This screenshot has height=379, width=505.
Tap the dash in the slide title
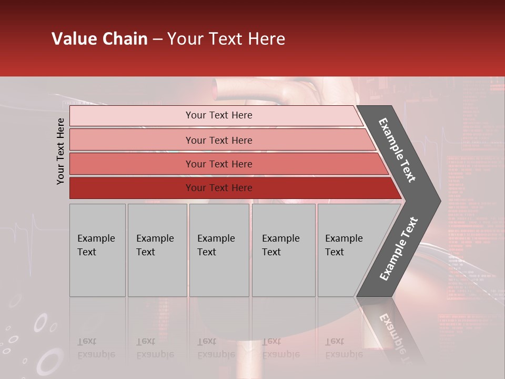[157, 39]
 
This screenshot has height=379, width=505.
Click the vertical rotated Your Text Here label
[60, 151]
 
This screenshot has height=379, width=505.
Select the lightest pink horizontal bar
[218, 115]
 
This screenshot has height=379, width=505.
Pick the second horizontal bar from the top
[218, 140]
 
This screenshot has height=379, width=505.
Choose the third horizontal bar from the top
[218, 164]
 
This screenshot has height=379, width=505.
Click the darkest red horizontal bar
[218, 188]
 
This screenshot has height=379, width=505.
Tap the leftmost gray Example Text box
[97, 250]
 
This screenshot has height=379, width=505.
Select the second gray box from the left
[157, 250]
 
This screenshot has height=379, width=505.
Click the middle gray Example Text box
[219, 250]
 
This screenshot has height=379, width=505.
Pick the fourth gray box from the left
[283, 250]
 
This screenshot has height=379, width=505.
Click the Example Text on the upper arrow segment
[397, 150]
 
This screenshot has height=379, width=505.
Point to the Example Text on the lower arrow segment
[398, 249]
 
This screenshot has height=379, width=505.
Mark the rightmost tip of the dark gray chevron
[440, 201]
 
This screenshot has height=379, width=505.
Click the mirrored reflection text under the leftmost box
[96, 348]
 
